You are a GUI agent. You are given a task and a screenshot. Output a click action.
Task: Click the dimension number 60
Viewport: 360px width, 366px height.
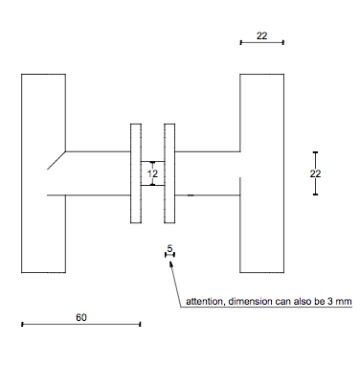(x=81, y=317)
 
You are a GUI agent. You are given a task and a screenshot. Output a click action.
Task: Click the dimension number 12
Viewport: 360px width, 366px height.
(x=152, y=173)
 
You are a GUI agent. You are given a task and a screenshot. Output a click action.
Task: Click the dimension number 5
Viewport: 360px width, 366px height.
(x=169, y=248)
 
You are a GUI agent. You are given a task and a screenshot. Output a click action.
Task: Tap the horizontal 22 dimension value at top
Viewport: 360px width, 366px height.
(x=261, y=35)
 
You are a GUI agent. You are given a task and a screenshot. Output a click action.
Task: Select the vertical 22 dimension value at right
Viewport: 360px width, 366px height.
(x=315, y=173)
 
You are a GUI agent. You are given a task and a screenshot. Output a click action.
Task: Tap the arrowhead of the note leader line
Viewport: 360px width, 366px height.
(x=171, y=264)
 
